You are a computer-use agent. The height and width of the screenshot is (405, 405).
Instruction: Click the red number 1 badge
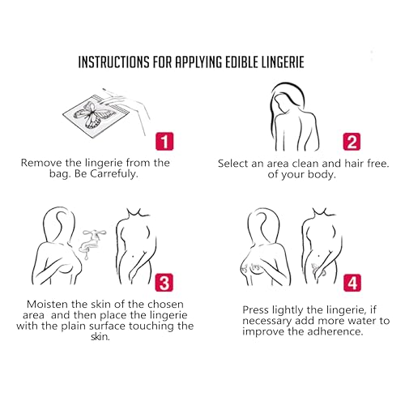pyautogui.click(x=164, y=141)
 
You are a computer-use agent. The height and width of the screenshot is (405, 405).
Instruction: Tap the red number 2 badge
pyautogui.click(x=352, y=142)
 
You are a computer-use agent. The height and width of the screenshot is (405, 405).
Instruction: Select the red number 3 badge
pyautogui.click(x=164, y=283)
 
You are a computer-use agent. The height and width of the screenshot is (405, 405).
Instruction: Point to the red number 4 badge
pyautogui.click(x=352, y=283)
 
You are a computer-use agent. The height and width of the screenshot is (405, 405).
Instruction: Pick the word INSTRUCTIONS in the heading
pyautogui.click(x=113, y=62)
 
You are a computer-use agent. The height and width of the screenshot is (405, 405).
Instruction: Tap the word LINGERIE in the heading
pyautogui.click(x=283, y=62)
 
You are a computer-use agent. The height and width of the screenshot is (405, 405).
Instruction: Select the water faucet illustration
pyautogui.click(x=92, y=241)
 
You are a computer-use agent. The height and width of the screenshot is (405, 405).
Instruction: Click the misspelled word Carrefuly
pyautogui.click(x=114, y=173)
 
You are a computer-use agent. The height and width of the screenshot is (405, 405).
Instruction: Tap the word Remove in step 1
pyautogui.click(x=41, y=163)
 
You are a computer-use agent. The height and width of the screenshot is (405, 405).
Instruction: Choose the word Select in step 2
pyautogui.click(x=233, y=164)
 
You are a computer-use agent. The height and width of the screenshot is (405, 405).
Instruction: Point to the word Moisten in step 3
pyautogui.click(x=47, y=305)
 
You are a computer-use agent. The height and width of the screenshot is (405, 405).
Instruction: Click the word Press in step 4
pyautogui.click(x=256, y=309)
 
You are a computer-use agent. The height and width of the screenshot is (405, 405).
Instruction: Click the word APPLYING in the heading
pyautogui.click(x=198, y=62)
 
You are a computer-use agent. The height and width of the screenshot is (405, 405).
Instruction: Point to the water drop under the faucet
pyautogui.click(x=87, y=257)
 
